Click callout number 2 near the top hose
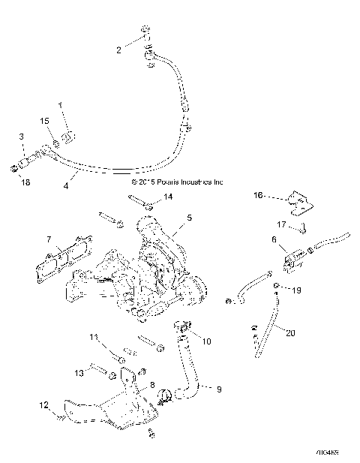[118, 50]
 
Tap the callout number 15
[44, 121]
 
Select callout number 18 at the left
[25, 182]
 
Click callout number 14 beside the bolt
[169, 197]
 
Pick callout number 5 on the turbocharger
[189, 218]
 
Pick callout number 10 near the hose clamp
[207, 341]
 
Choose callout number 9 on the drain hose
[218, 389]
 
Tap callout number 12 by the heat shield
[43, 406]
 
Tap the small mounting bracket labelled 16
[293, 203]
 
